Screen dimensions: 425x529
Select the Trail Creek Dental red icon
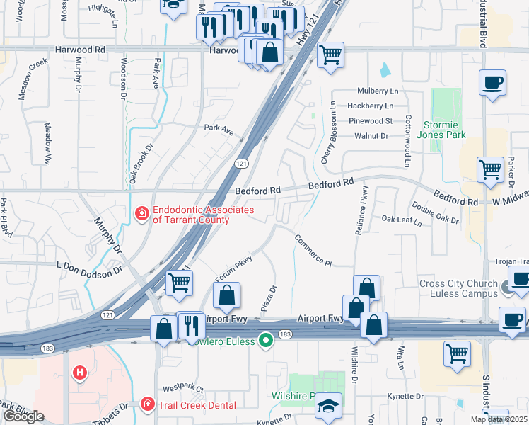[x=148, y=404]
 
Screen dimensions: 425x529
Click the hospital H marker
[x=79, y=372]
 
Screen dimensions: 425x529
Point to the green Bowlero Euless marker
[x=266, y=341]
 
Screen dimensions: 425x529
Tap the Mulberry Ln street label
[x=378, y=91]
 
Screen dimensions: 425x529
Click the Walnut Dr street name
[x=372, y=135]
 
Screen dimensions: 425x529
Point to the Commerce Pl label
[x=313, y=251]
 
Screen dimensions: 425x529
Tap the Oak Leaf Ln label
[x=401, y=220]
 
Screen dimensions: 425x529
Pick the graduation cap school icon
[x=328, y=406]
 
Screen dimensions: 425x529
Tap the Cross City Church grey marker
[x=506, y=288]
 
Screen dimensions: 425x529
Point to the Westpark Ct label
[x=182, y=389]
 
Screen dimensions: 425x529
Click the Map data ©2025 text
[x=499, y=419]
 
